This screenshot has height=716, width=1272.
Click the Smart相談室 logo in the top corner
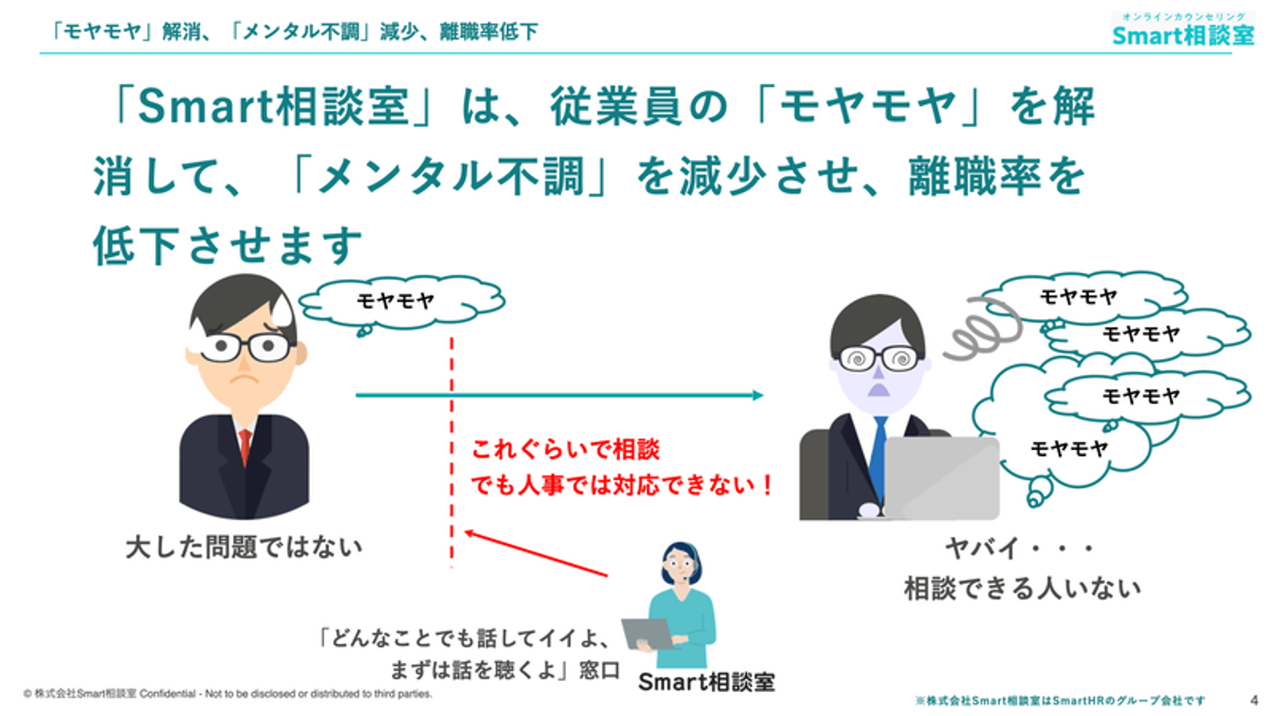(x=1183, y=30)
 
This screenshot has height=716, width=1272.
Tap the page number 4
(x=1254, y=697)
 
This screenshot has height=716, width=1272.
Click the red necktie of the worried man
(x=245, y=446)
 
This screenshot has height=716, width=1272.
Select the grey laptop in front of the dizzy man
(x=941, y=477)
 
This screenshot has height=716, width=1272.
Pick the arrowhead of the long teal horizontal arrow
(x=756, y=395)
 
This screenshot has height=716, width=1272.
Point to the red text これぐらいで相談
(x=565, y=451)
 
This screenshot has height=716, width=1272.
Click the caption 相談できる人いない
(x=1022, y=589)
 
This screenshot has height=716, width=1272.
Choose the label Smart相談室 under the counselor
(x=706, y=682)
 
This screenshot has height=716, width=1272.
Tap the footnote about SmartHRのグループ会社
(x=1060, y=700)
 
